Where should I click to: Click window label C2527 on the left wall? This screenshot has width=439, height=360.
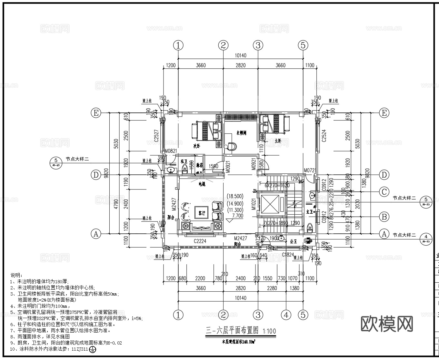156,136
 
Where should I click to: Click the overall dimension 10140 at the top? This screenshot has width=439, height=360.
241,55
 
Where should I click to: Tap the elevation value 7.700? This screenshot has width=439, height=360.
237,216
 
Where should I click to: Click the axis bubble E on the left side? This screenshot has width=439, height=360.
96,113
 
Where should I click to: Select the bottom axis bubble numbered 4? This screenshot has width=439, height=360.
286,314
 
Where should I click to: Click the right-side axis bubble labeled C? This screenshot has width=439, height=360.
384,192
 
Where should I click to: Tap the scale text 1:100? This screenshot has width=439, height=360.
269,331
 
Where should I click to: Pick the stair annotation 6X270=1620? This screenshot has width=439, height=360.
277,186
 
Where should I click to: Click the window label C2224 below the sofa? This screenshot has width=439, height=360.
200,241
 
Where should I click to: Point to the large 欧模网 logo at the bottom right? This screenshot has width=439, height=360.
386,324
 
